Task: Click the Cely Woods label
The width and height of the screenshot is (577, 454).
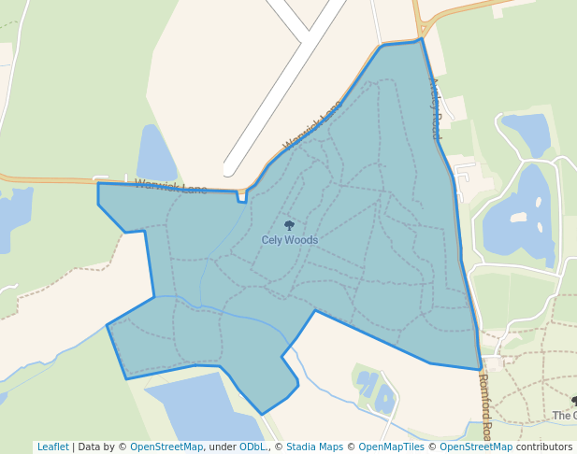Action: [x=289, y=240]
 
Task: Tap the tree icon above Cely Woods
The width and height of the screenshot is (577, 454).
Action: [x=289, y=225]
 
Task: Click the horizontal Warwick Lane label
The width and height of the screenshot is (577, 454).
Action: [x=171, y=187]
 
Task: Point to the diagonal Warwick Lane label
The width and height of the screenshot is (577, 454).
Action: [x=312, y=125]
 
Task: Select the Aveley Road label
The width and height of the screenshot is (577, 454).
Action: [x=435, y=108]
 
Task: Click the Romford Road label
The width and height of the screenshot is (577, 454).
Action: [x=484, y=407]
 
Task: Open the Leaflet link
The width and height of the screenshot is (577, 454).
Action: [x=52, y=447]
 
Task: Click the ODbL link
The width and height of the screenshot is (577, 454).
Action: [x=252, y=447]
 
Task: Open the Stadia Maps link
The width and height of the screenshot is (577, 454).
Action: [x=314, y=447]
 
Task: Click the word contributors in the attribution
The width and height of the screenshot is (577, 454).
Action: [x=544, y=447]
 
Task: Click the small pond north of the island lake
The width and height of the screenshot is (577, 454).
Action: [x=528, y=131]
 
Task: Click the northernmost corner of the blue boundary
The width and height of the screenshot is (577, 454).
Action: [x=422, y=39]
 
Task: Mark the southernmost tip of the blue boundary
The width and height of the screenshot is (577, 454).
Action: [x=262, y=414]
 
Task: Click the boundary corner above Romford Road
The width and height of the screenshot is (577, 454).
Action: [x=481, y=369]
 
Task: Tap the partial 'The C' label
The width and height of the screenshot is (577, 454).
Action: [x=564, y=416]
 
